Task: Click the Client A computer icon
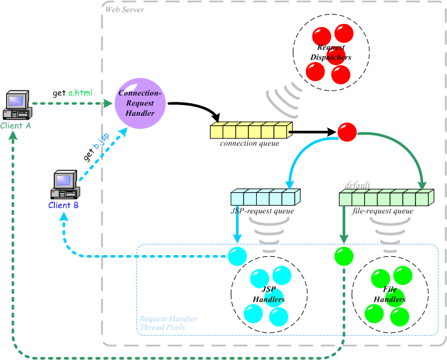[x=17, y=105]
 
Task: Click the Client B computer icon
[x=65, y=185]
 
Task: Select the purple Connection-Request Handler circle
[x=140, y=103]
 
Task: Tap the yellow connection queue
[x=251, y=130]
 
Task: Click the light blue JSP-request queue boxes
[x=266, y=197]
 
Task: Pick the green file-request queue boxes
[x=386, y=197]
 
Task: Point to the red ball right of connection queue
[x=347, y=132]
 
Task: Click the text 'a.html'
[x=80, y=93]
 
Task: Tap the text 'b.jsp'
[x=102, y=141]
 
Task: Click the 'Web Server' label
[x=125, y=9]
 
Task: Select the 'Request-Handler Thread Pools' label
[x=168, y=323]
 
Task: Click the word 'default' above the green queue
[x=357, y=185]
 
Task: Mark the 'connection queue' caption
[x=250, y=143]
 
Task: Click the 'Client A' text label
[x=15, y=125]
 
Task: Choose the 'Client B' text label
[x=63, y=205]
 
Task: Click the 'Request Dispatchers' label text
[x=331, y=53]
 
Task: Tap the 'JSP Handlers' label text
[x=269, y=294]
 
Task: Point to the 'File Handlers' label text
[x=389, y=294]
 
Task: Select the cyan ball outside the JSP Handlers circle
[x=237, y=256]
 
